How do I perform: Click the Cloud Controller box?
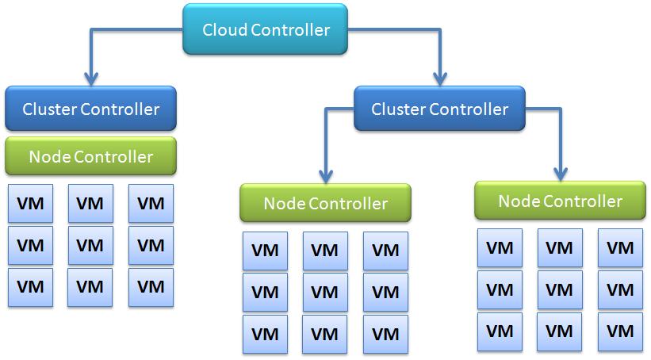click(x=265, y=30)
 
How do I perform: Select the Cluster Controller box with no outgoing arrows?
click(x=90, y=109)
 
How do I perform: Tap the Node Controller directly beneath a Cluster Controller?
click(x=90, y=156)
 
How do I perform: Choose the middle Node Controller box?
click(x=325, y=203)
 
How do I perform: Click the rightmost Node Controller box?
click(x=560, y=201)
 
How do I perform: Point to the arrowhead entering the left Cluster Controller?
click(x=91, y=79)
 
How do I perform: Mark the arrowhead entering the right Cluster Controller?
click(x=440, y=78)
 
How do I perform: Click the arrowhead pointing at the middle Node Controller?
click(x=325, y=176)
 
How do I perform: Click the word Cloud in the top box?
click(x=224, y=30)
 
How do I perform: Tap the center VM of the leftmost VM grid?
click(x=90, y=245)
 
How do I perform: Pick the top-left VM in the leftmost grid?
click(x=30, y=203)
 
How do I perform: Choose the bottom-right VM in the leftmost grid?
click(x=151, y=286)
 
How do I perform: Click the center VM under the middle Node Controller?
click(x=325, y=292)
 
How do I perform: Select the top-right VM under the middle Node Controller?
click(x=385, y=251)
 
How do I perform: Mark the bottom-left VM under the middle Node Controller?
click(x=265, y=334)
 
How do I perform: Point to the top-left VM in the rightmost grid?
click(x=500, y=247)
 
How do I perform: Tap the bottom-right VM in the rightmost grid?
click(x=620, y=331)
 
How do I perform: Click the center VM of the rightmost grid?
click(x=560, y=289)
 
